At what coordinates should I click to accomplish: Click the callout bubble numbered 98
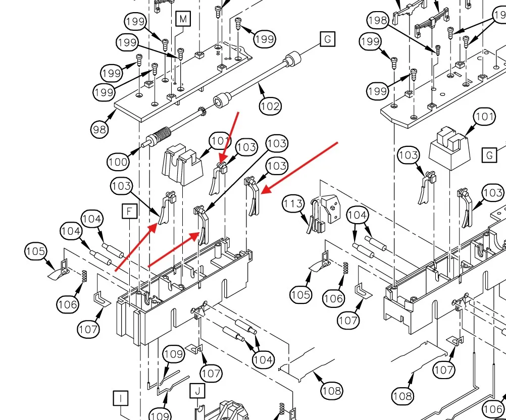click(100, 130)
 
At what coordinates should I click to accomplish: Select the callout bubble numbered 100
click(117, 162)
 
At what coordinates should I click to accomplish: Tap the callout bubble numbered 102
click(270, 106)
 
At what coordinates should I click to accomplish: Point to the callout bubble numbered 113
click(293, 204)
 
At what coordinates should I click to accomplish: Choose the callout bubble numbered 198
click(378, 21)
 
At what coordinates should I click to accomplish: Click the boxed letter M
click(183, 19)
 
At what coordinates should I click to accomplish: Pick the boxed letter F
click(130, 211)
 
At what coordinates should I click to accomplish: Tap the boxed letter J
click(197, 390)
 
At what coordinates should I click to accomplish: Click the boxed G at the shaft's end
click(327, 38)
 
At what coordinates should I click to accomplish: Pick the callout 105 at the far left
click(36, 251)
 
